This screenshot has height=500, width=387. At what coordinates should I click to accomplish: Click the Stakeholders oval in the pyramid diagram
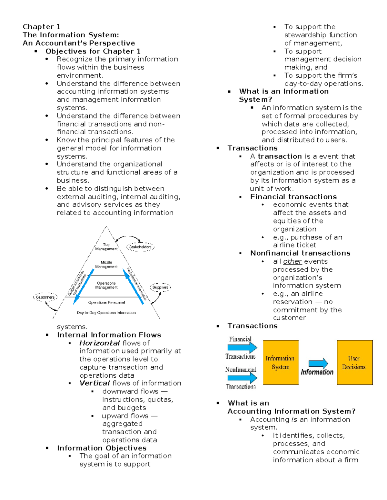click(x=140, y=247)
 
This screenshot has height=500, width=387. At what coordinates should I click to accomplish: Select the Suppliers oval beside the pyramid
click(x=160, y=287)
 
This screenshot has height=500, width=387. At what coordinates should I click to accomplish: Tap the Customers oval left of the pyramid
click(x=45, y=297)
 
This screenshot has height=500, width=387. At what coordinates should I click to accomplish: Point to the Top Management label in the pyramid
click(x=106, y=247)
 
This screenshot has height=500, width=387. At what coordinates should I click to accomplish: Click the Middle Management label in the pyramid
click(x=106, y=264)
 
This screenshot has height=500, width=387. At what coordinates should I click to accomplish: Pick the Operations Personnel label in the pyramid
click(x=106, y=302)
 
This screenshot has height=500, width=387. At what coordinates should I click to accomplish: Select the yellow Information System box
click(x=281, y=363)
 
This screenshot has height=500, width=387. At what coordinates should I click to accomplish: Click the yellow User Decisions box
click(x=354, y=363)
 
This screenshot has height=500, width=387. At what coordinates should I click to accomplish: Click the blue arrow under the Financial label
click(x=242, y=347)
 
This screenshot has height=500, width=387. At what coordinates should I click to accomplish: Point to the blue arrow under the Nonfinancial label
click(x=242, y=378)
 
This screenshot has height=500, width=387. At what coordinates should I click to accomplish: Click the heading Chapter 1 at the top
click(x=42, y=27)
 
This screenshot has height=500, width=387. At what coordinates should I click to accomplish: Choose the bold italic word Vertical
click(x=94, y=383)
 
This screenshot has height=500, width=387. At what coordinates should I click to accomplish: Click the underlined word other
click(x=292, y=261)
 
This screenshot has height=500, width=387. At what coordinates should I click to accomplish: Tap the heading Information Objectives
click(x=102, y=448)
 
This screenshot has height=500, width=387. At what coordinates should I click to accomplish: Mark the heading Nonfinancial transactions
click(x=300, y=253)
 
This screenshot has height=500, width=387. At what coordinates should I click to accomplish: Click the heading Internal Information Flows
click(x=109, y=335)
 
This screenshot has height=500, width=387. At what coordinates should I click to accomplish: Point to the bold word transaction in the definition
click(x=280, y=156)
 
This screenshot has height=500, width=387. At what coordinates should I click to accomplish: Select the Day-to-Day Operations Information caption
click(x=106, y=313)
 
